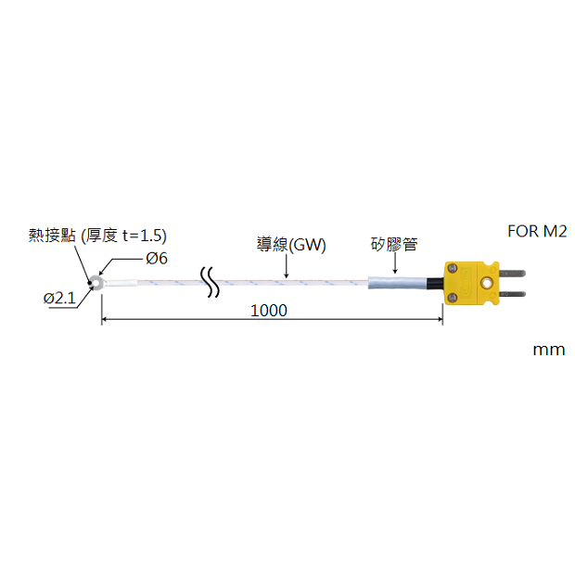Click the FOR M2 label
pyautogui.click(x=538, y=231)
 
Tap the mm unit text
pyautogui.click(x=548, y=350)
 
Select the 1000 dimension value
pyautogui.click(x=268, y=311)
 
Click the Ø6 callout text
pyautogui.click(x=157, y=259)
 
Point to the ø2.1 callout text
pyautogui.click(x=58, y=298)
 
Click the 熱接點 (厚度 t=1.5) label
pyautogui.click(x=98, y=235)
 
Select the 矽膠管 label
pyautogui.click(x=394, y=245)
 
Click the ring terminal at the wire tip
pyautogui.click(x=99, y=281)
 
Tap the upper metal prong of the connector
pyautogui.click(x=513, y=274)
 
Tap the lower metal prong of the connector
pyautogui.click(x=513, y=294)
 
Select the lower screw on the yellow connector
pyautogui.click(x=454, y=297)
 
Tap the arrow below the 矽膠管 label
pyautogui.click(x=394, y=265)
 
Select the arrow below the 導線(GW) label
pyautogui.click(x=287, y=267)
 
